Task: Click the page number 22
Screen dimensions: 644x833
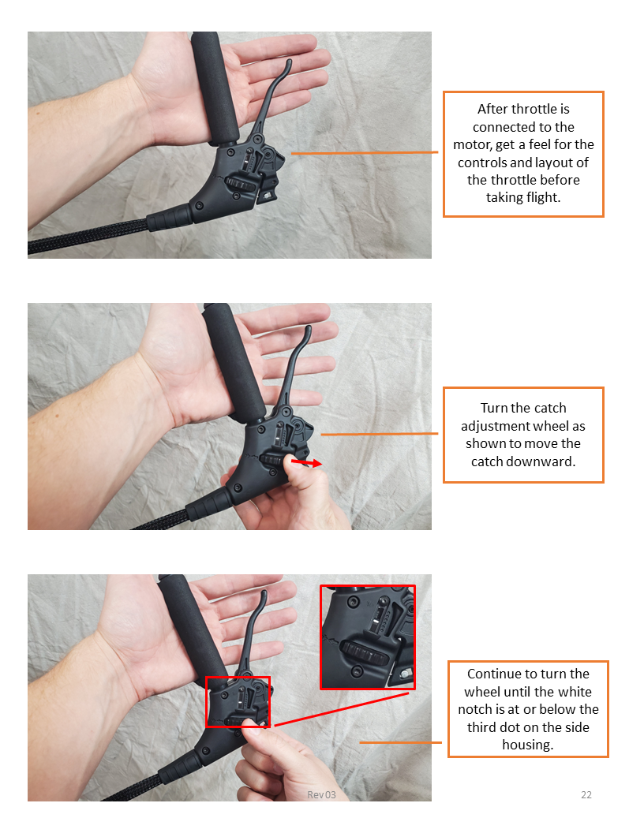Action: click(586, 795)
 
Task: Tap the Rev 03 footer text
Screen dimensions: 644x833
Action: click(321, 795)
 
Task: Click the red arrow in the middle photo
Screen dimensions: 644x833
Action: click(306, 463)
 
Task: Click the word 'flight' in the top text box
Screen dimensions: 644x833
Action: click(543, 198)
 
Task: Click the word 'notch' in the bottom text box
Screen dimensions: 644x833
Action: click(475, 709)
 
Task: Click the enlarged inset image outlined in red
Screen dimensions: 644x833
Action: click(367, 637)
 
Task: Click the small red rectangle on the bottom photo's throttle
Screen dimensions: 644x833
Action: click(238, 702)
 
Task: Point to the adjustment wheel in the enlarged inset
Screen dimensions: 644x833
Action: click(364, 653)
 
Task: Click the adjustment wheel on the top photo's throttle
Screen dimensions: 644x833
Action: click(240, 185)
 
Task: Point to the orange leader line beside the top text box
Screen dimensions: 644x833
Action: click(365, 153)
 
